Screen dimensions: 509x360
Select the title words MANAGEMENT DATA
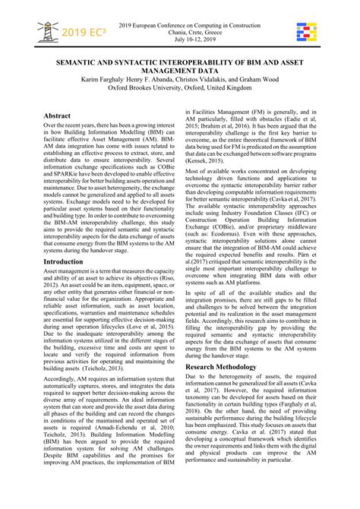point(180,67)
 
